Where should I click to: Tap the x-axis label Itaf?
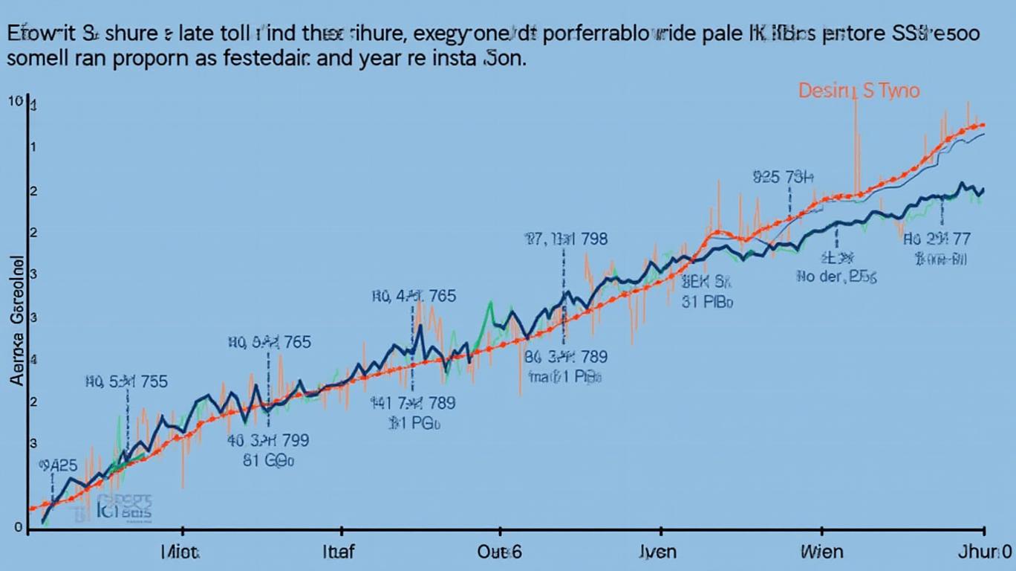coord(340,552)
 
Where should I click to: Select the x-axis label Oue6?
coord(498,552)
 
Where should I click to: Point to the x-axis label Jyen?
coord(658,552)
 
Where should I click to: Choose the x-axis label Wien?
coord(821,552)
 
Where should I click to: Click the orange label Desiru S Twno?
coord(859,91)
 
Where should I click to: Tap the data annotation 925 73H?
coord(783,178)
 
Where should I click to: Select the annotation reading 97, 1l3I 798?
coord(565,239)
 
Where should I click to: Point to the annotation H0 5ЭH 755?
coord(126,382)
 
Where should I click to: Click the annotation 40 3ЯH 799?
coord(268,440)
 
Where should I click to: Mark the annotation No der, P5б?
coord(836,277)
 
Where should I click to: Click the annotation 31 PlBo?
coord(707,303)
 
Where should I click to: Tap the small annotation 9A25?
coord(57,466)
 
